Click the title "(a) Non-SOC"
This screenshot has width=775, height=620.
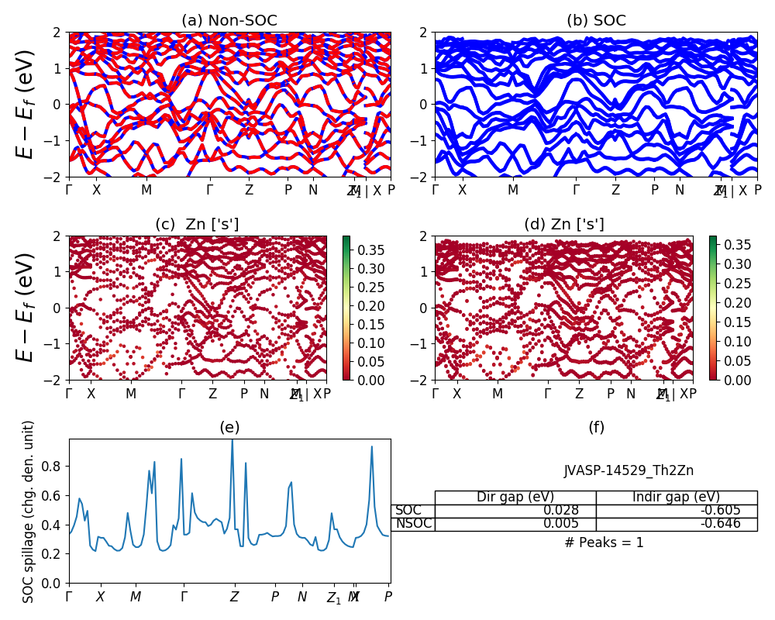[x=229, y=21]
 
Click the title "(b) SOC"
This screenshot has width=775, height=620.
[x=596, y=21]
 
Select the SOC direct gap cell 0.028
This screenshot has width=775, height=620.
[x=515, y=511]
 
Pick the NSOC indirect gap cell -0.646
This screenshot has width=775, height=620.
[x=676, y=524]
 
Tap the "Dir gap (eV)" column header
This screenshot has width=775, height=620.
[x=515, y=498]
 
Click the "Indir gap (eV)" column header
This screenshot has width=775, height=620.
[x=676, y=498]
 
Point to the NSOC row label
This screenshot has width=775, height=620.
[x=413, y=524]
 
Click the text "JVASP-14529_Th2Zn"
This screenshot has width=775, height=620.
[x=629, y=470]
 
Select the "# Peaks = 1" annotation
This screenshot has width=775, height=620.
[x=604, y=542]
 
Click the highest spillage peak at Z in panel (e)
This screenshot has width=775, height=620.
[x=232, y=441]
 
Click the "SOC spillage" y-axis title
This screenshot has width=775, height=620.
[x=29, y=511]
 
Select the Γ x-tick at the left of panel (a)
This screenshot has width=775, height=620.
[x=69, y=190]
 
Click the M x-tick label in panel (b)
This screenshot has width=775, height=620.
[x=513, y=190]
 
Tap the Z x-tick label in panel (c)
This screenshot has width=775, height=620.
[x=212, y=394]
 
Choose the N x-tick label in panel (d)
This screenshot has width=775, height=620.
[x=631, y=394]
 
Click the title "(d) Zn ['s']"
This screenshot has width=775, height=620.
[x=563, y=225]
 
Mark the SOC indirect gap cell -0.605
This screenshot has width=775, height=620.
[x=676, y=511]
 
